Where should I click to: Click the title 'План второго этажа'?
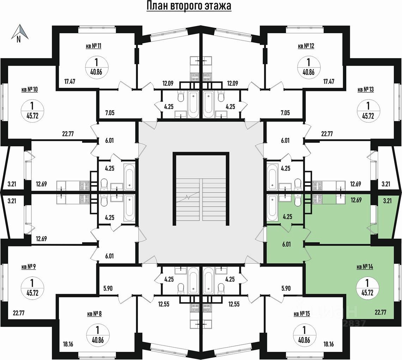(189, 6)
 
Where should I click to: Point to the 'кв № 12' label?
(306, 46)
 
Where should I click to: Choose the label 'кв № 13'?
(366, 90)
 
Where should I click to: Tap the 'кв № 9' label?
(29, 267)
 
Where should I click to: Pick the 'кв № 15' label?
(301, 313)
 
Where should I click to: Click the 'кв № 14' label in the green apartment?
(365, 267)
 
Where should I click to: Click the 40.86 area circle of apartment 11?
(96, 66)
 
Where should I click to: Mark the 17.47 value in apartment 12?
(329, 81)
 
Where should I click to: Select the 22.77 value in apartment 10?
(69, 134)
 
